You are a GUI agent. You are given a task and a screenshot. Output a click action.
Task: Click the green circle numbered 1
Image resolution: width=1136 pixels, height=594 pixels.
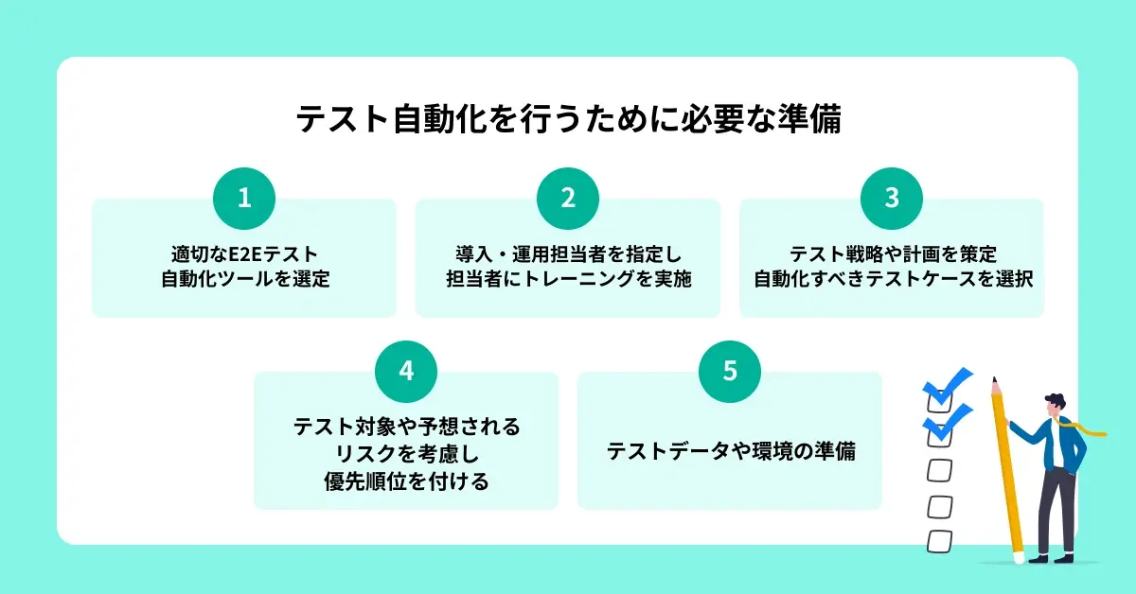coord(244,199)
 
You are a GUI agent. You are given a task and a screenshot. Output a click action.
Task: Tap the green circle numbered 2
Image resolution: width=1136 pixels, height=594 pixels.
coord(567,199)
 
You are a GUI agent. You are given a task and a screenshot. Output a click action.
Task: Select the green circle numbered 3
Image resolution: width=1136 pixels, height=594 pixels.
coord(892,199)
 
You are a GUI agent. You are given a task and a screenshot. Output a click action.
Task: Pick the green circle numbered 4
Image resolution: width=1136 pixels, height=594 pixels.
coord(406,372)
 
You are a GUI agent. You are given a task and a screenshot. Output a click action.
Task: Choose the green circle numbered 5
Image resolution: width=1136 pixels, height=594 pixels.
coord(730,372)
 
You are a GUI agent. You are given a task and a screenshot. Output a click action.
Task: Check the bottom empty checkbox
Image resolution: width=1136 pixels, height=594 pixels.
coord(939,541)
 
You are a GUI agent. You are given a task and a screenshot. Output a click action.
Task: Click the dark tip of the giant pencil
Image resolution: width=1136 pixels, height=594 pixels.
coord(994,380)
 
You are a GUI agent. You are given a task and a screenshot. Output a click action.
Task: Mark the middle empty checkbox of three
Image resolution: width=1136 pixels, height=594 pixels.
coord(939,506)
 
